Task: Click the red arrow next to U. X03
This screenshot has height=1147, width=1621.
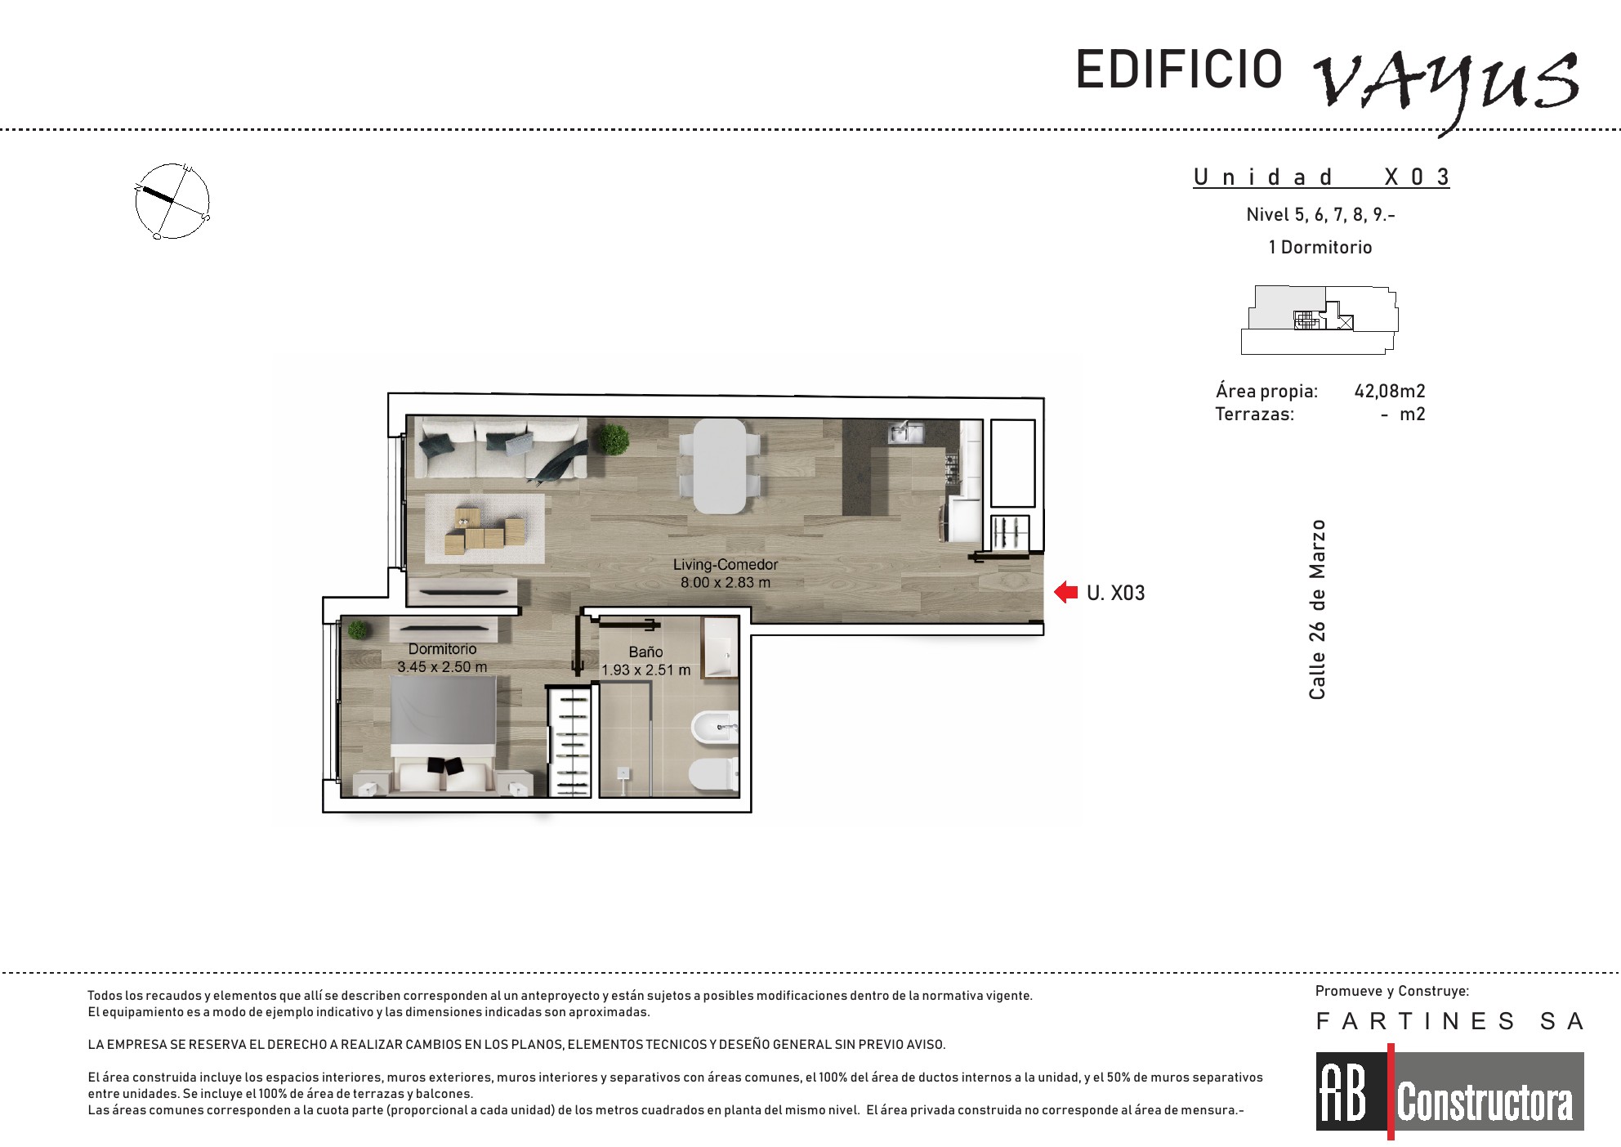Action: click(1066, 592)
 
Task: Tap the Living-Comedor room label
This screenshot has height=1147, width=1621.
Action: click(726, 564)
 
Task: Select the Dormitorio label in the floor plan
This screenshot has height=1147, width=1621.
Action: click(442, 649)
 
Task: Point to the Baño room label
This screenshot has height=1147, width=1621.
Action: click(645, 652)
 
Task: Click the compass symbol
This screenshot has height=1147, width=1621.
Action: click(172, 201)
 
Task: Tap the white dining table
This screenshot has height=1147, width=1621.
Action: click(720, 466)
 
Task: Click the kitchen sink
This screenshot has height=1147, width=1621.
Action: click(906, 432)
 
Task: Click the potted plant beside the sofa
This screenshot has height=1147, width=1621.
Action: click(613, 439)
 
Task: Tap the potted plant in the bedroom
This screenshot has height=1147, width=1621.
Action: click(358, 630)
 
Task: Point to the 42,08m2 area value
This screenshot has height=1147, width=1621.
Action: click(1390, 391)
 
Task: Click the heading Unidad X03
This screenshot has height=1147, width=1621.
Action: click(1321, 177)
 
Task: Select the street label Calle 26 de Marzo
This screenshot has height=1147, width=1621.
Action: click(1317, 610)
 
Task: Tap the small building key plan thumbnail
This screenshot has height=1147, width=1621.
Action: click(1320, 320)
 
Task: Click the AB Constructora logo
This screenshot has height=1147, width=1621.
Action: click(1449, 1091)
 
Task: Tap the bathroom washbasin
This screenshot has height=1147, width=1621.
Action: click(721, 647)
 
